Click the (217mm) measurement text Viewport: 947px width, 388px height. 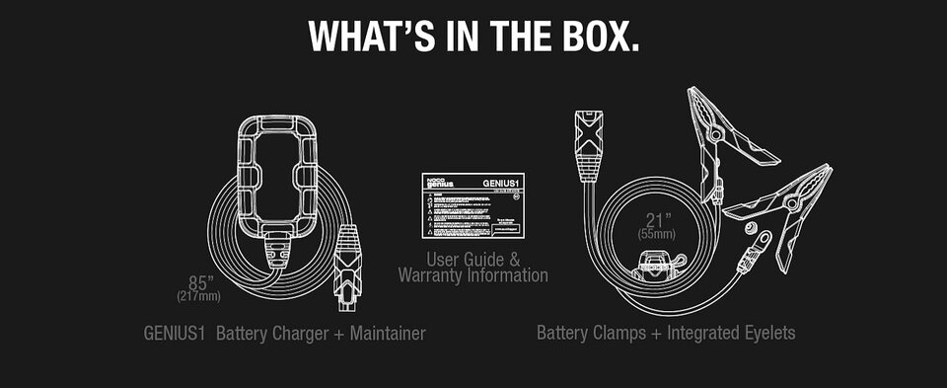[199, 296]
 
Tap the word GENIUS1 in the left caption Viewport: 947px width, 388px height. [174, 334]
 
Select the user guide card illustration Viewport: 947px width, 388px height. [473, 207]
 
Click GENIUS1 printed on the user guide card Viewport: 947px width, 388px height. [501, 183]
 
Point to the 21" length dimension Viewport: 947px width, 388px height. [656, 220]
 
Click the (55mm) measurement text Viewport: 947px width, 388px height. [655, 236]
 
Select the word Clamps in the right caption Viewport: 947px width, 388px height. [619, 334]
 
